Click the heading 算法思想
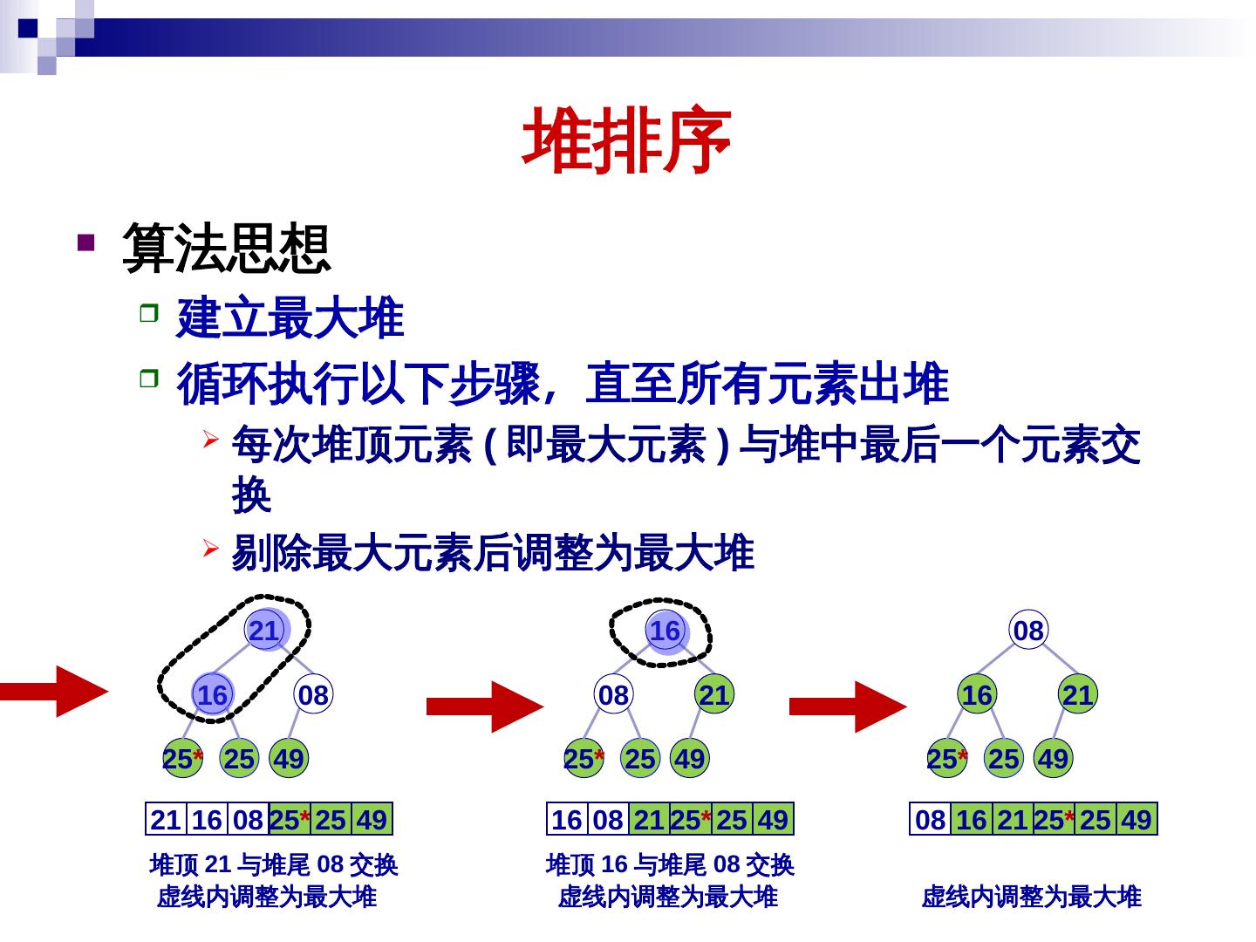(227, 249)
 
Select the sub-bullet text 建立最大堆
(290, 318)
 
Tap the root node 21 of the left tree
(264, 631)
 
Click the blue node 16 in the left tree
(212, 695)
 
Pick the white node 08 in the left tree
(312, 695)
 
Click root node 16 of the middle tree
(666, 631)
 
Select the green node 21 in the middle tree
(713, 695)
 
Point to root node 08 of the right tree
(1028, 631)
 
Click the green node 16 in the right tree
(977, 695)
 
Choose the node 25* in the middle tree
(583, 759)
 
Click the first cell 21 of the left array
(166, 820)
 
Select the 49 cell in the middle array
(773, 820)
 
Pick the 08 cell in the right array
(930, 820)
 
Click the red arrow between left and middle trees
(484, 706)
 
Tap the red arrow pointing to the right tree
(847, 706)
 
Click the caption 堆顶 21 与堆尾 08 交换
(274, 865)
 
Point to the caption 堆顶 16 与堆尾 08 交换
(670, 865)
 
